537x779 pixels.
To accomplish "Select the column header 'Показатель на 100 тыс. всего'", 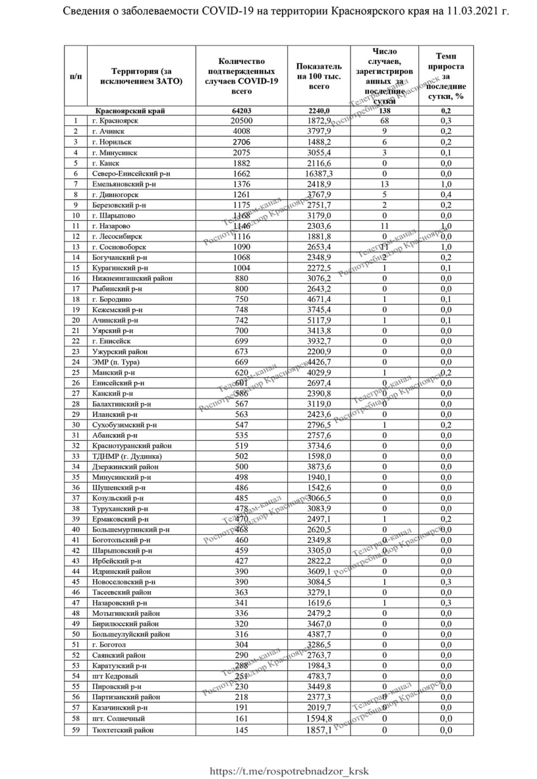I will [319, 76].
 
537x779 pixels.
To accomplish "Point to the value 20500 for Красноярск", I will [242, 121].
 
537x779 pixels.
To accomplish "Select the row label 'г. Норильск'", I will [112, 142].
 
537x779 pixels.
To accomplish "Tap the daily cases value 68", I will [384, 121].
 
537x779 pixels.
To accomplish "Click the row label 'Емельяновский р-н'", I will [124, 184].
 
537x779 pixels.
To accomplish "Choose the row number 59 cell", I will [75, 730].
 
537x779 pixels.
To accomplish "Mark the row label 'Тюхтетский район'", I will [122, 730].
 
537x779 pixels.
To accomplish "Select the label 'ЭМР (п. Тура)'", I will [116, 362].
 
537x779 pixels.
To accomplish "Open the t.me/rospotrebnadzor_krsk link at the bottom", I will [289, 771].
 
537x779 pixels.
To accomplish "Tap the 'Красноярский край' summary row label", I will [130, 111].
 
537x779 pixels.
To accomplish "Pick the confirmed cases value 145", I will [242, 730].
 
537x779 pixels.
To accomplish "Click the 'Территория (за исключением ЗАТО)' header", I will [141, 76].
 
